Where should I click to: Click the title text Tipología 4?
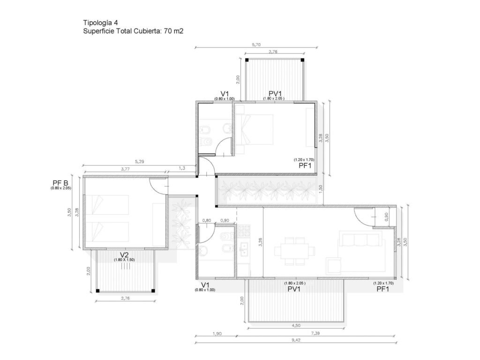coord(100,22)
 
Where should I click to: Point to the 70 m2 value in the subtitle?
coord(173,31)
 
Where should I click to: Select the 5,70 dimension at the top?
coord(256,45)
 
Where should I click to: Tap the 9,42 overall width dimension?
coord(296,340)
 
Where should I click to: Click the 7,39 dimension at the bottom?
coord(315,333)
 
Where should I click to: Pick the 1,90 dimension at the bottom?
coord(217,333)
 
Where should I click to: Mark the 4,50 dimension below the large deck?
coord(296,325)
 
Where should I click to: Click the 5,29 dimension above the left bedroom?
coord(139,161)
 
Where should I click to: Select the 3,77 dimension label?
coord(125,168)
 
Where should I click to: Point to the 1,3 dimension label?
coord(182,168)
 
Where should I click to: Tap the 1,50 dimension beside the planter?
coord(321,189)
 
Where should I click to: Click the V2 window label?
coord(124,255)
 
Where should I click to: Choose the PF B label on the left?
coord(60,183)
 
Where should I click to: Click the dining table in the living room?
coord(294,251)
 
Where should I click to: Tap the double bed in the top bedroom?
coord(254,129)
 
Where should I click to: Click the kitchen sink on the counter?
coord(244,249)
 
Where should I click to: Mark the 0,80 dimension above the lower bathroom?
coord(207,220)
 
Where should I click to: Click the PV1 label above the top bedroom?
coord(275,93)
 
